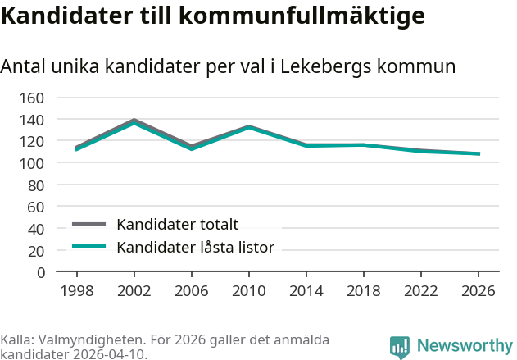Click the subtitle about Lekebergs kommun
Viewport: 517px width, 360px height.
(228, 66)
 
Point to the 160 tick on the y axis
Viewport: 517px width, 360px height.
(33, 98)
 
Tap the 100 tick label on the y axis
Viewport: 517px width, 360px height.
(33, 163)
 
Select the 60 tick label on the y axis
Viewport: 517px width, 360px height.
(37, 207)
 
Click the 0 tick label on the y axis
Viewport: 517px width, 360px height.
(41, 272)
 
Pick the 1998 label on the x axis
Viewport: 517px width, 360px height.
(77, 290)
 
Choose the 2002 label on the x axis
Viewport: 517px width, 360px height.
(134, 290)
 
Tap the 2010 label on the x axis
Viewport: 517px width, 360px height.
(248, 290)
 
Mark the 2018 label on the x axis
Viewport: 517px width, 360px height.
(363, 290)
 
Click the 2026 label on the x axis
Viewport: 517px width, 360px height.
(478, 290)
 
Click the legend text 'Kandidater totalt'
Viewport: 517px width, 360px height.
(177, 225)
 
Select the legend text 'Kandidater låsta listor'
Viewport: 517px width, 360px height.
(195, 247)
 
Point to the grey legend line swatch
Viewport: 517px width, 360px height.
(89, 224)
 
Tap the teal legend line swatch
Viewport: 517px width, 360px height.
(89, 247)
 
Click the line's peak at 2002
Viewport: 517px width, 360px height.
(134, 121)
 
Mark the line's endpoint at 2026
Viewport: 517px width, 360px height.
(478, 153)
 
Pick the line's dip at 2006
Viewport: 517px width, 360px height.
(191, 148)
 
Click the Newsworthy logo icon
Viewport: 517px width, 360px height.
(400, 347)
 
